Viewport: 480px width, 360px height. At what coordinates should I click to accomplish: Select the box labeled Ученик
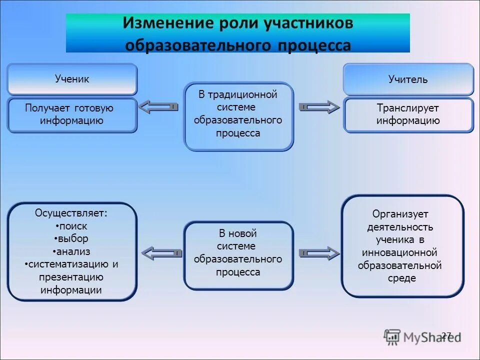coord(72,79)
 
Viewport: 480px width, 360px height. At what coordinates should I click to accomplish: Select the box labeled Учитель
coord(408,79)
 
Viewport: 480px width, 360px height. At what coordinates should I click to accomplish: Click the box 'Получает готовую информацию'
coord(72,115)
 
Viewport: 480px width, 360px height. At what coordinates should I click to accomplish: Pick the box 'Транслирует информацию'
coord(408,114)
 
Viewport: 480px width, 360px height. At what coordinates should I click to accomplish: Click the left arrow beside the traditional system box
coord(158,106)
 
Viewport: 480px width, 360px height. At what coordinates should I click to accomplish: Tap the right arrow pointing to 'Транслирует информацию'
coord(319,106)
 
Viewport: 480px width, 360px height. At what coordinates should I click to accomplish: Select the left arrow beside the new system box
coord(161,253)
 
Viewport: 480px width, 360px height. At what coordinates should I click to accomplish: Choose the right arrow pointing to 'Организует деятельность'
coord(319,253)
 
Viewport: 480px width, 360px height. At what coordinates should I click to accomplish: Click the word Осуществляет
coord(71,213)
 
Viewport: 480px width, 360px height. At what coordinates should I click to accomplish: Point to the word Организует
coord(400,214)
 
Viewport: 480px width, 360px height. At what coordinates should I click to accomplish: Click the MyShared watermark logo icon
coord(392,336)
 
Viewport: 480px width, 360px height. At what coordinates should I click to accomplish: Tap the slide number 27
coord(446,335)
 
